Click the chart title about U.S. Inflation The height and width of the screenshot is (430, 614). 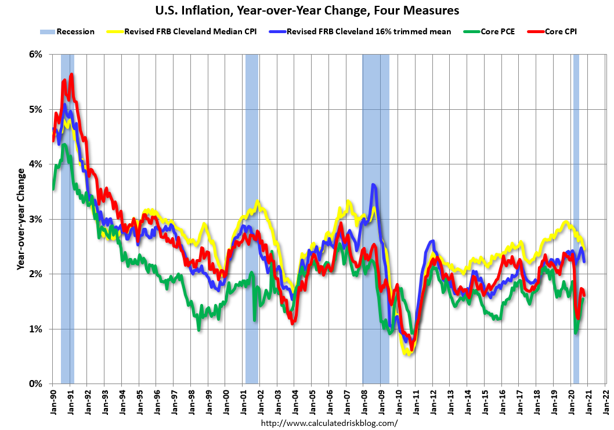click(306, 10)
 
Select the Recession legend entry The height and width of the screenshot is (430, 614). click(67, 31)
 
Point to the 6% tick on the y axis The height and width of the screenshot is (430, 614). click(35, 55)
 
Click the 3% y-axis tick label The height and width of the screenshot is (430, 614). click(35, 219)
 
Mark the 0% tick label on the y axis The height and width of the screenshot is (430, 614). click(35, 384)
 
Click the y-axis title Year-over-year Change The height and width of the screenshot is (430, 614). click(21, 219)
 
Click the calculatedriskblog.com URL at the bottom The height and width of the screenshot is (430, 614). click(330, 423)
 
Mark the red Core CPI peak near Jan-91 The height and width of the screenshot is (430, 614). click(71, 74)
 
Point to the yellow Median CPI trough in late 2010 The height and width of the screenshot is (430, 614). click(408, 353)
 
